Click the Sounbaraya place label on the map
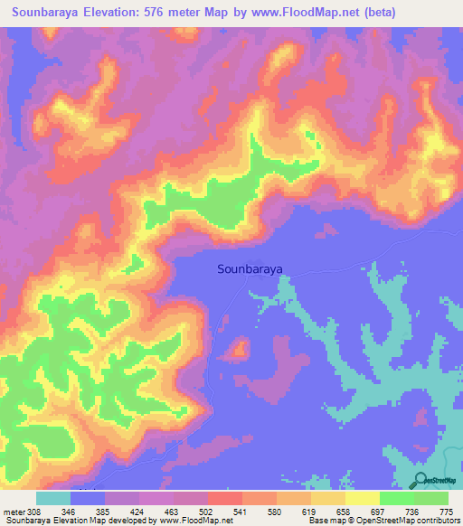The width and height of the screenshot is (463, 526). click(x=250, y=268)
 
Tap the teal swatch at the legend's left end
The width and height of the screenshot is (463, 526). click(x=53, y=498)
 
